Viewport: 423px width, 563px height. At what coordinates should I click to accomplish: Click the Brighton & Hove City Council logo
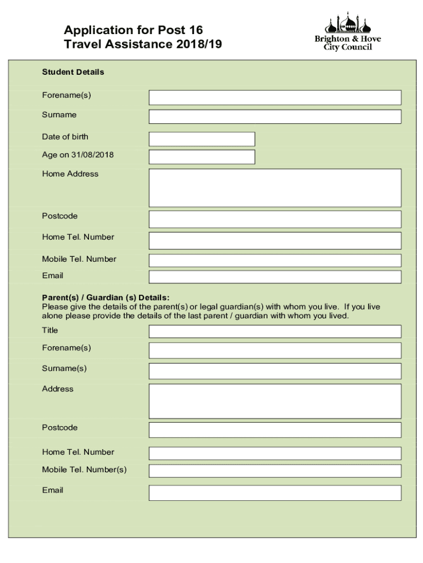click(347, 32)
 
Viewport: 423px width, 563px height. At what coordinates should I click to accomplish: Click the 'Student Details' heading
click(73, 72)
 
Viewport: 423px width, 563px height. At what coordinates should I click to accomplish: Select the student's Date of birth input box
click(202, 139)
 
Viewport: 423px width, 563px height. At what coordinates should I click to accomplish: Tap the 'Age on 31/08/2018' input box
click(202, 157)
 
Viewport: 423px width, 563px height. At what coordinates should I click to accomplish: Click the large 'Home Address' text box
click(275, 187)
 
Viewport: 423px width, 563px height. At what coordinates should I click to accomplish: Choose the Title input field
click(275, 331)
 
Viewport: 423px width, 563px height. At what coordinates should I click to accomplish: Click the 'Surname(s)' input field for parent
click(275, 371)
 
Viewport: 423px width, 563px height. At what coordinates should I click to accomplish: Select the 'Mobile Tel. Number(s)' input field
click(275, 471)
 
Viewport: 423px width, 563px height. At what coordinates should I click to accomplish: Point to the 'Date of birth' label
click(65, 136)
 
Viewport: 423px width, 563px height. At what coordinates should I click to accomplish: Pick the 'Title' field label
click(50, 330)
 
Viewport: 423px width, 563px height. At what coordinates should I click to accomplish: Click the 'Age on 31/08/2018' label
click(77, 155)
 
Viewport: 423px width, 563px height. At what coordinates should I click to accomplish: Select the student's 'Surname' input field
click(275, 117)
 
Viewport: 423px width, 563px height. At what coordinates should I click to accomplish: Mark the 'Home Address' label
click(70, 174)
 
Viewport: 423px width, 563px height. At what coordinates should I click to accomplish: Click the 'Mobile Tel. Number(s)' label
click(84, 470)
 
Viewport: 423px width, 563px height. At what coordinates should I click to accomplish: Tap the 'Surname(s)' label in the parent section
click(64, 368)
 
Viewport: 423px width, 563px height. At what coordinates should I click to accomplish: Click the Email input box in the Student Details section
click(275, 277)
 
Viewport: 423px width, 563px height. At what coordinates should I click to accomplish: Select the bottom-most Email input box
click(275, 493)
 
